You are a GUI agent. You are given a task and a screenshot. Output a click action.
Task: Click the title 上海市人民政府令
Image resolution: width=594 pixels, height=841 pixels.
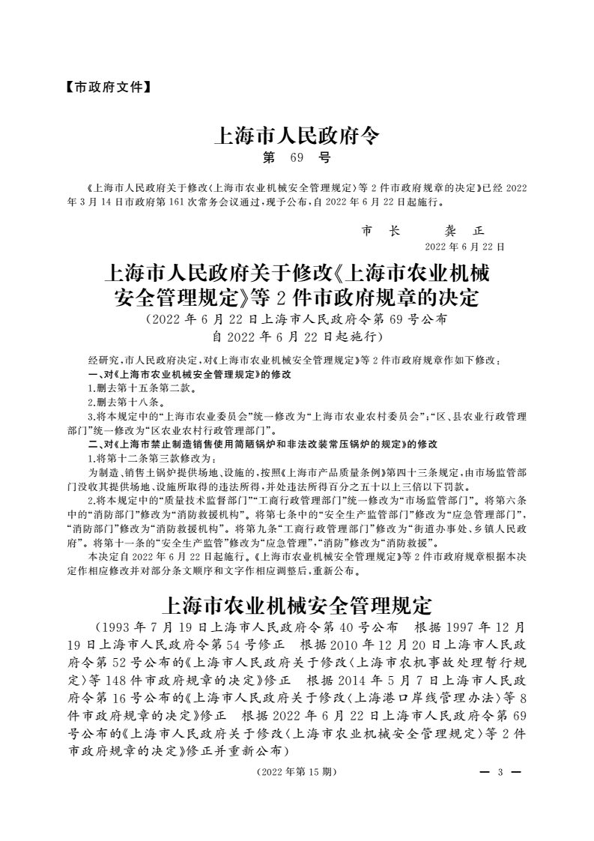click(297, 135)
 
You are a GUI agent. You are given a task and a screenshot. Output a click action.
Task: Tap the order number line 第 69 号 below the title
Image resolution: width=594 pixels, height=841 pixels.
click(297, 158)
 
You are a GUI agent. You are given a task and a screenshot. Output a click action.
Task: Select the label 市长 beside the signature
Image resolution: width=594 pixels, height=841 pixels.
click(381, 231)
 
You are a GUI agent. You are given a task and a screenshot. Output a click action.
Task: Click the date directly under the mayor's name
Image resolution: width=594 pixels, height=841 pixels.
click(464, 246)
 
